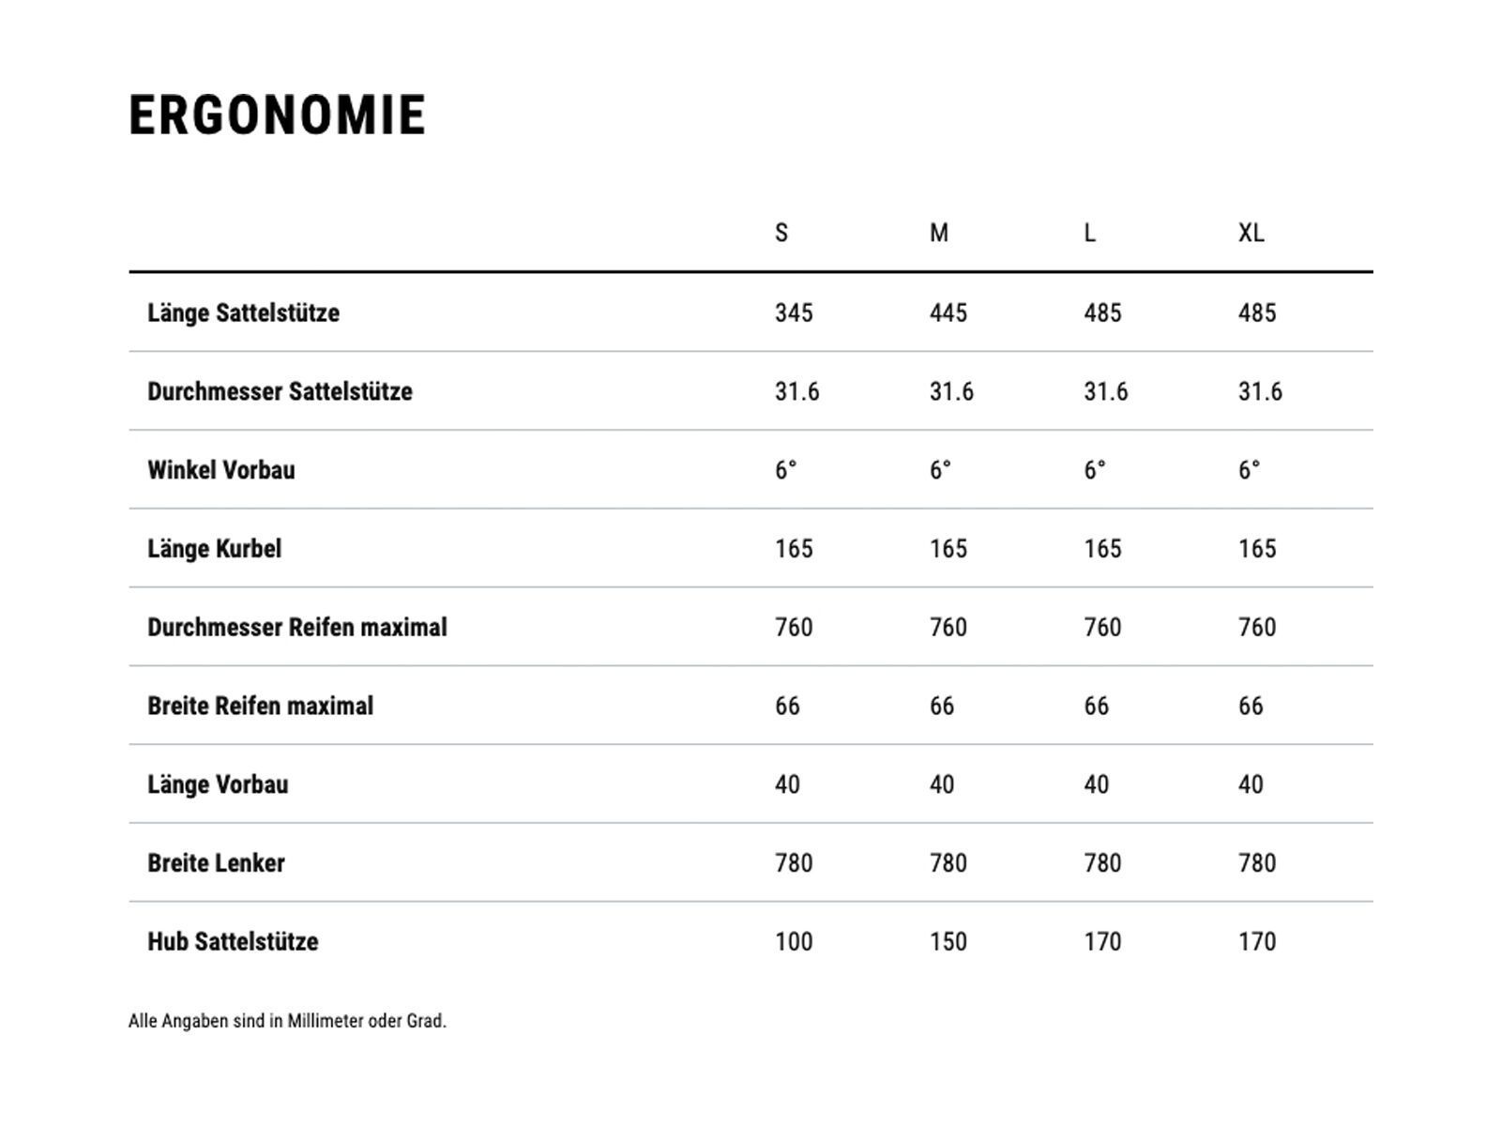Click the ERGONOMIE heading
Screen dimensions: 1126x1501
tap(277, 115)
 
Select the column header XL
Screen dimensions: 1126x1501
tap(1251, 233)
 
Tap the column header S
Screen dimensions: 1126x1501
tap(781, 233)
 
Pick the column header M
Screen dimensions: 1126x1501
tap(939, 233)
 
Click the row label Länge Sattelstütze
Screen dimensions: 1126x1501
tap(243, 312)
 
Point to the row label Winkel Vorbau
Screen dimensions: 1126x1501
tap(220, 470)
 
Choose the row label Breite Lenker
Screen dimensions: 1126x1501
tap(216, 863)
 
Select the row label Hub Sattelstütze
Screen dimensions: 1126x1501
tap(233, 942)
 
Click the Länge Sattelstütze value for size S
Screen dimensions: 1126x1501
tap(794, 312)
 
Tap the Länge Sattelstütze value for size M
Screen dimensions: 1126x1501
tap(948, 312)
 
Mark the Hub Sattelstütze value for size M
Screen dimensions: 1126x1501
tap(948, 942)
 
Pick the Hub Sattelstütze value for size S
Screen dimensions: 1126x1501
tap(794, 942)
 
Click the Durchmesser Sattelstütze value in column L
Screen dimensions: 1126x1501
tap(1106, 391)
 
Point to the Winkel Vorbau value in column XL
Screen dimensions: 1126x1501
tap(1249, 470)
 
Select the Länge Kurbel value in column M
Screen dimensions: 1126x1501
tap(948, 549)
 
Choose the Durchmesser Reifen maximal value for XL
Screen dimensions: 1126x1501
tap(1257, 627)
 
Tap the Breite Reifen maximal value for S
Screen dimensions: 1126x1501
tap(787, 706)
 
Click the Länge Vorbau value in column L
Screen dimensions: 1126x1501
tap(1096, 784)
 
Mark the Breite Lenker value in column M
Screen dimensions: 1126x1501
tap(948, 863)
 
